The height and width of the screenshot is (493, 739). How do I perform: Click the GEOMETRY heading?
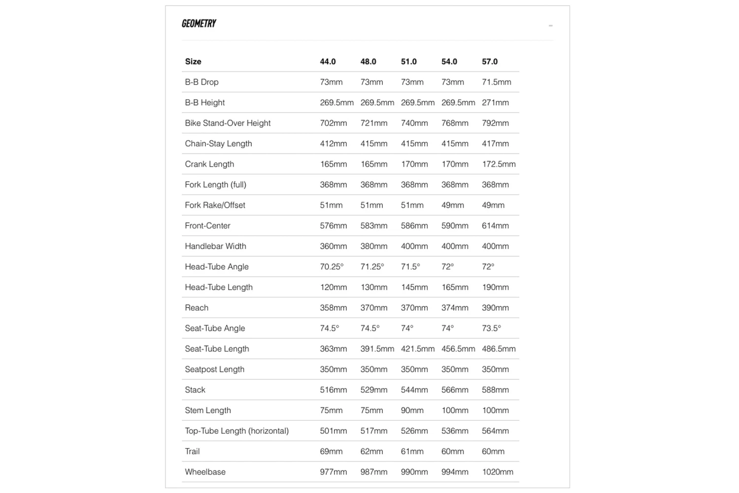199,24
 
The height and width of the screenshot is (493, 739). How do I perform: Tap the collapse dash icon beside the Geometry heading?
550,26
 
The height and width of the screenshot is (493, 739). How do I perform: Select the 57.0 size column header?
490,62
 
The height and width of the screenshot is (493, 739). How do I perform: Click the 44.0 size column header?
328,62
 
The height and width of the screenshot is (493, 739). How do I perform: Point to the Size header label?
193,62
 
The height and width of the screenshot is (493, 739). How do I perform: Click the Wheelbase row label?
205,472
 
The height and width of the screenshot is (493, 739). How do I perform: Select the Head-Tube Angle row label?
217,267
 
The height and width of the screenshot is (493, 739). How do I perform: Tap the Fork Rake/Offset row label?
215,205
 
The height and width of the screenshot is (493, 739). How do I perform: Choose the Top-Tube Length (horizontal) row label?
236,431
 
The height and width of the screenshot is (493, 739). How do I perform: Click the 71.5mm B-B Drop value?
497,82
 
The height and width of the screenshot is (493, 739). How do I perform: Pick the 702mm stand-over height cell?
334,123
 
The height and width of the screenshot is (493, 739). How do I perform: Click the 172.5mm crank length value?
499,164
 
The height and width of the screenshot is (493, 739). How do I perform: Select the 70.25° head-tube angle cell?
332,267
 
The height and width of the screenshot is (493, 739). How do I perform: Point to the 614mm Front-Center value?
495,226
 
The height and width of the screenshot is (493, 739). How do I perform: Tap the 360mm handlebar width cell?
334,246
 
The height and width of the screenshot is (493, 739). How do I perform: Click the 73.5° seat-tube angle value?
491,329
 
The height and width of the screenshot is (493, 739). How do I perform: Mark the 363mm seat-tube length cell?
334,349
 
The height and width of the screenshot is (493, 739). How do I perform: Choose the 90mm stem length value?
412,411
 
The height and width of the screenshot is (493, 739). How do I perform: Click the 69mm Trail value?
331,452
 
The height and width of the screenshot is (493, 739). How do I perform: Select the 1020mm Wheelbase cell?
498,472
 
